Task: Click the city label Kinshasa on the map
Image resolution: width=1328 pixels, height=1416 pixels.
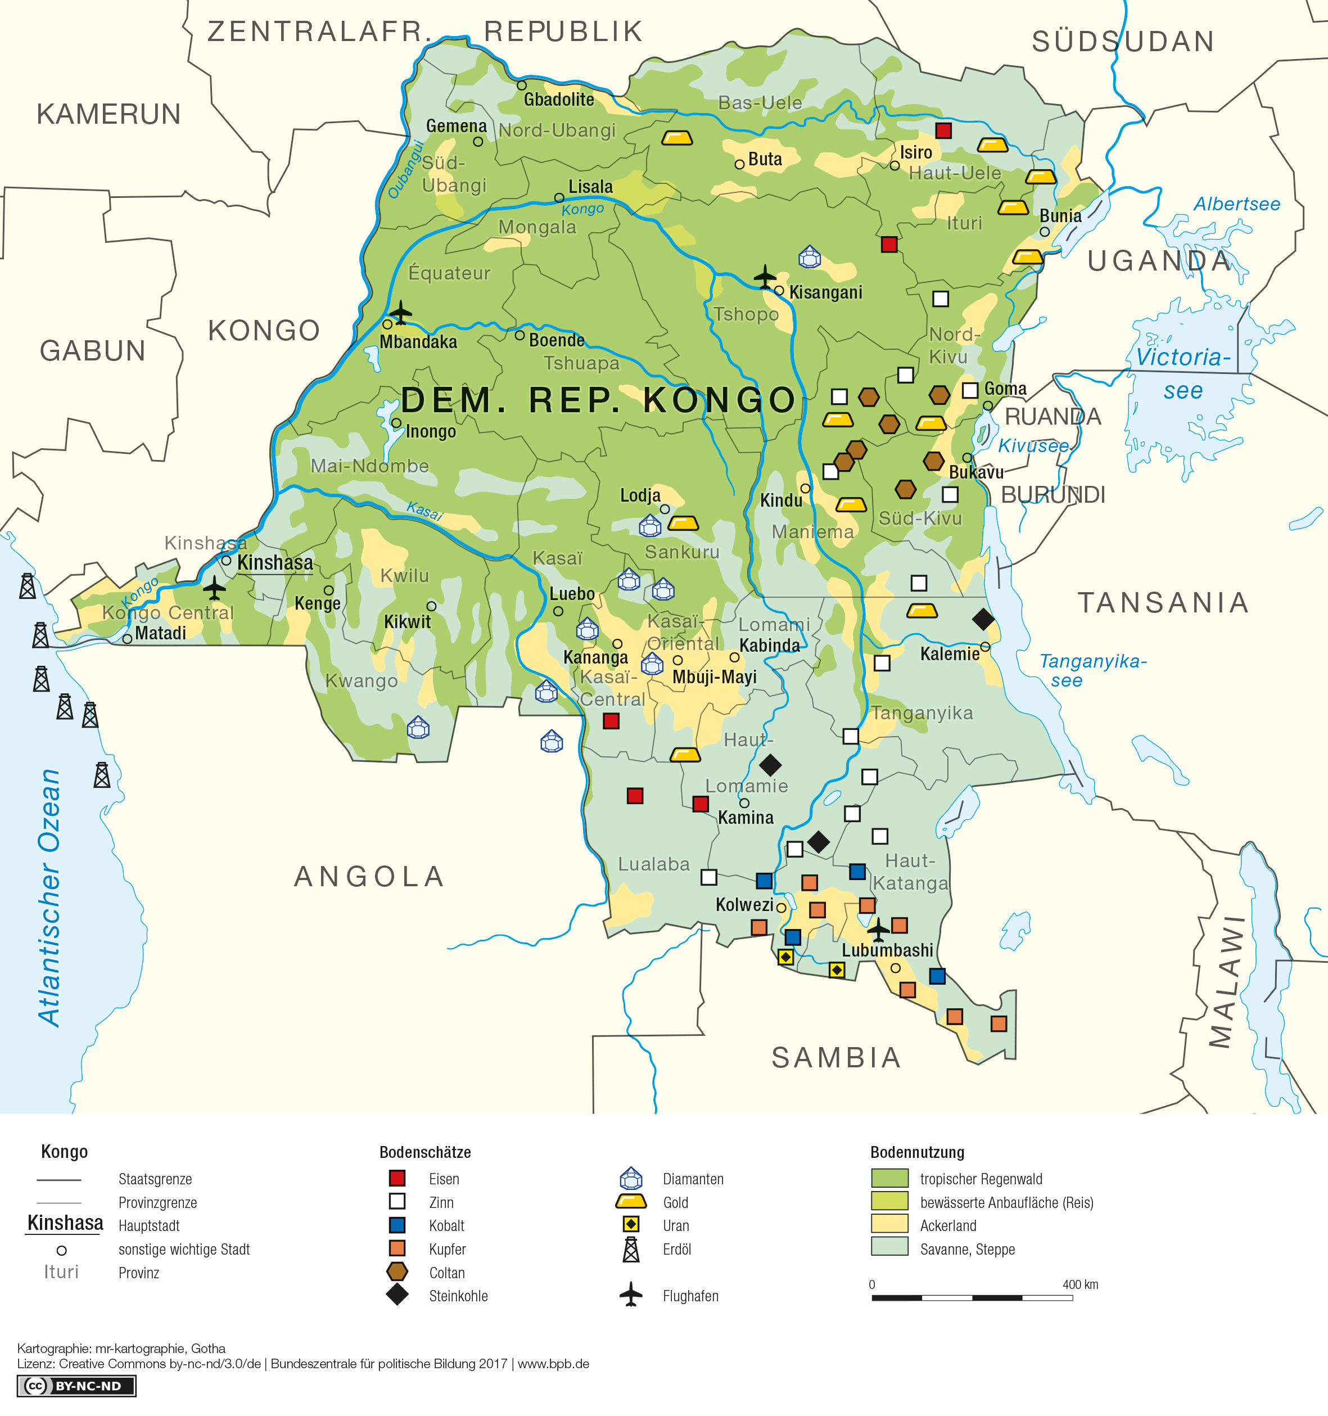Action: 275,563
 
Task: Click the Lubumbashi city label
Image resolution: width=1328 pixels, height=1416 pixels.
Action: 887,950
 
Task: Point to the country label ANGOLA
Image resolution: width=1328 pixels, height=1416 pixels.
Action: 369,877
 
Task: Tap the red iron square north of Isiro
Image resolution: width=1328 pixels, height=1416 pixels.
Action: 943,130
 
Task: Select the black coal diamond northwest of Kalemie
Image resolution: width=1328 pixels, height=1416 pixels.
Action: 983,619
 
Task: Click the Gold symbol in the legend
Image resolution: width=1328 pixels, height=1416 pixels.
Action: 631,1202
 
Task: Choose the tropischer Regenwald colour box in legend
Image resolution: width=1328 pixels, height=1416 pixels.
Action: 889,1179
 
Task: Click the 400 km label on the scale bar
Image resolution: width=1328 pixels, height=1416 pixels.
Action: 1079,1285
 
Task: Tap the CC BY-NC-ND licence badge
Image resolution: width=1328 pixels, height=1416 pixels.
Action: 76,1386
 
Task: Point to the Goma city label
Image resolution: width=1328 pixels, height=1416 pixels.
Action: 1005,389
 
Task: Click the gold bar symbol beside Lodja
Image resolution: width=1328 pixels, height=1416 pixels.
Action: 683,524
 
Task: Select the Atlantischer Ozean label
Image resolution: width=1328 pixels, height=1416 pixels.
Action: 50,898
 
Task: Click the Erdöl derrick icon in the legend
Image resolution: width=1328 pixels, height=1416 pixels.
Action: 631,1250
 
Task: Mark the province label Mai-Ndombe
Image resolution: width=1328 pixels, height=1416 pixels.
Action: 369,466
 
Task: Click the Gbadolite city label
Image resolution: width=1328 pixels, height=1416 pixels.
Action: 559,100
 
